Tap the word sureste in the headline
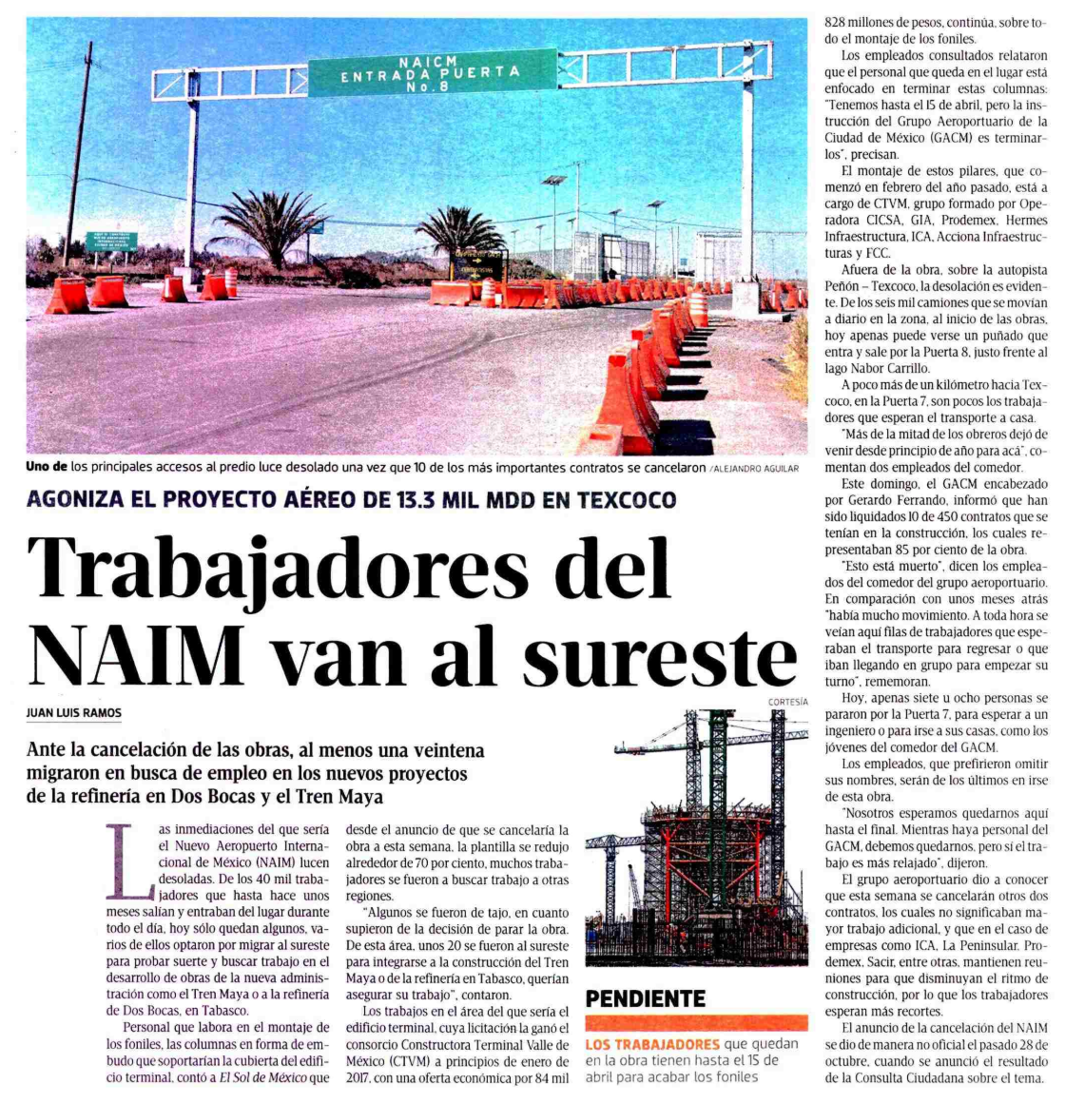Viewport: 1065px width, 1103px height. (659, 653)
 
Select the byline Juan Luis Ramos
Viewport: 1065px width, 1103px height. (74, 712)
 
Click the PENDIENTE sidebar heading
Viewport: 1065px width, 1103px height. (646, 998)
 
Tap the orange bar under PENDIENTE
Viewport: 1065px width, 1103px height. (695, 1023)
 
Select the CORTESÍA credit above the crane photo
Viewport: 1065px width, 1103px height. (790, 702)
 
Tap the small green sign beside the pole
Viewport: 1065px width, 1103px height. (111, 241)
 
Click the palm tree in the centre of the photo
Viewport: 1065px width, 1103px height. (459, 235)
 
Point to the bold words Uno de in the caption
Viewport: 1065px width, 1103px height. (47, 468)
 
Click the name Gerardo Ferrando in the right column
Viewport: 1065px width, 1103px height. (881, 498)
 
